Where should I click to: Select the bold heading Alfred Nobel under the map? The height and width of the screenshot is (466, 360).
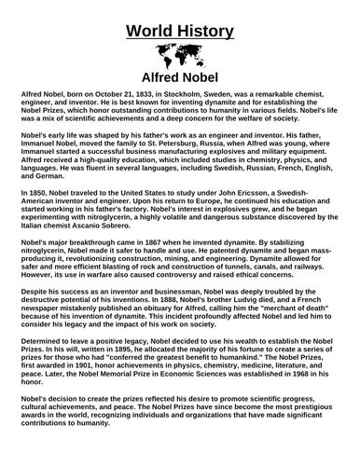pos(179,76)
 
